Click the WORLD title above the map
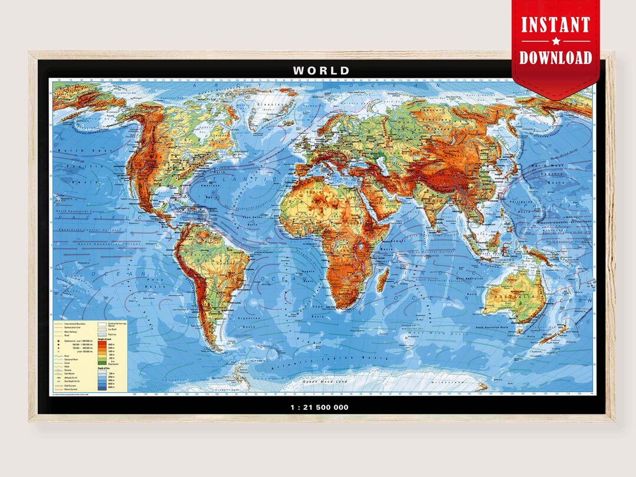click(x=321, y=71)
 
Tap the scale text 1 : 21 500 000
click(x=320, y=407)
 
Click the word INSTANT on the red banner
click(x=555, y=25)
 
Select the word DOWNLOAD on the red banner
click(x=555, y=57)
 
